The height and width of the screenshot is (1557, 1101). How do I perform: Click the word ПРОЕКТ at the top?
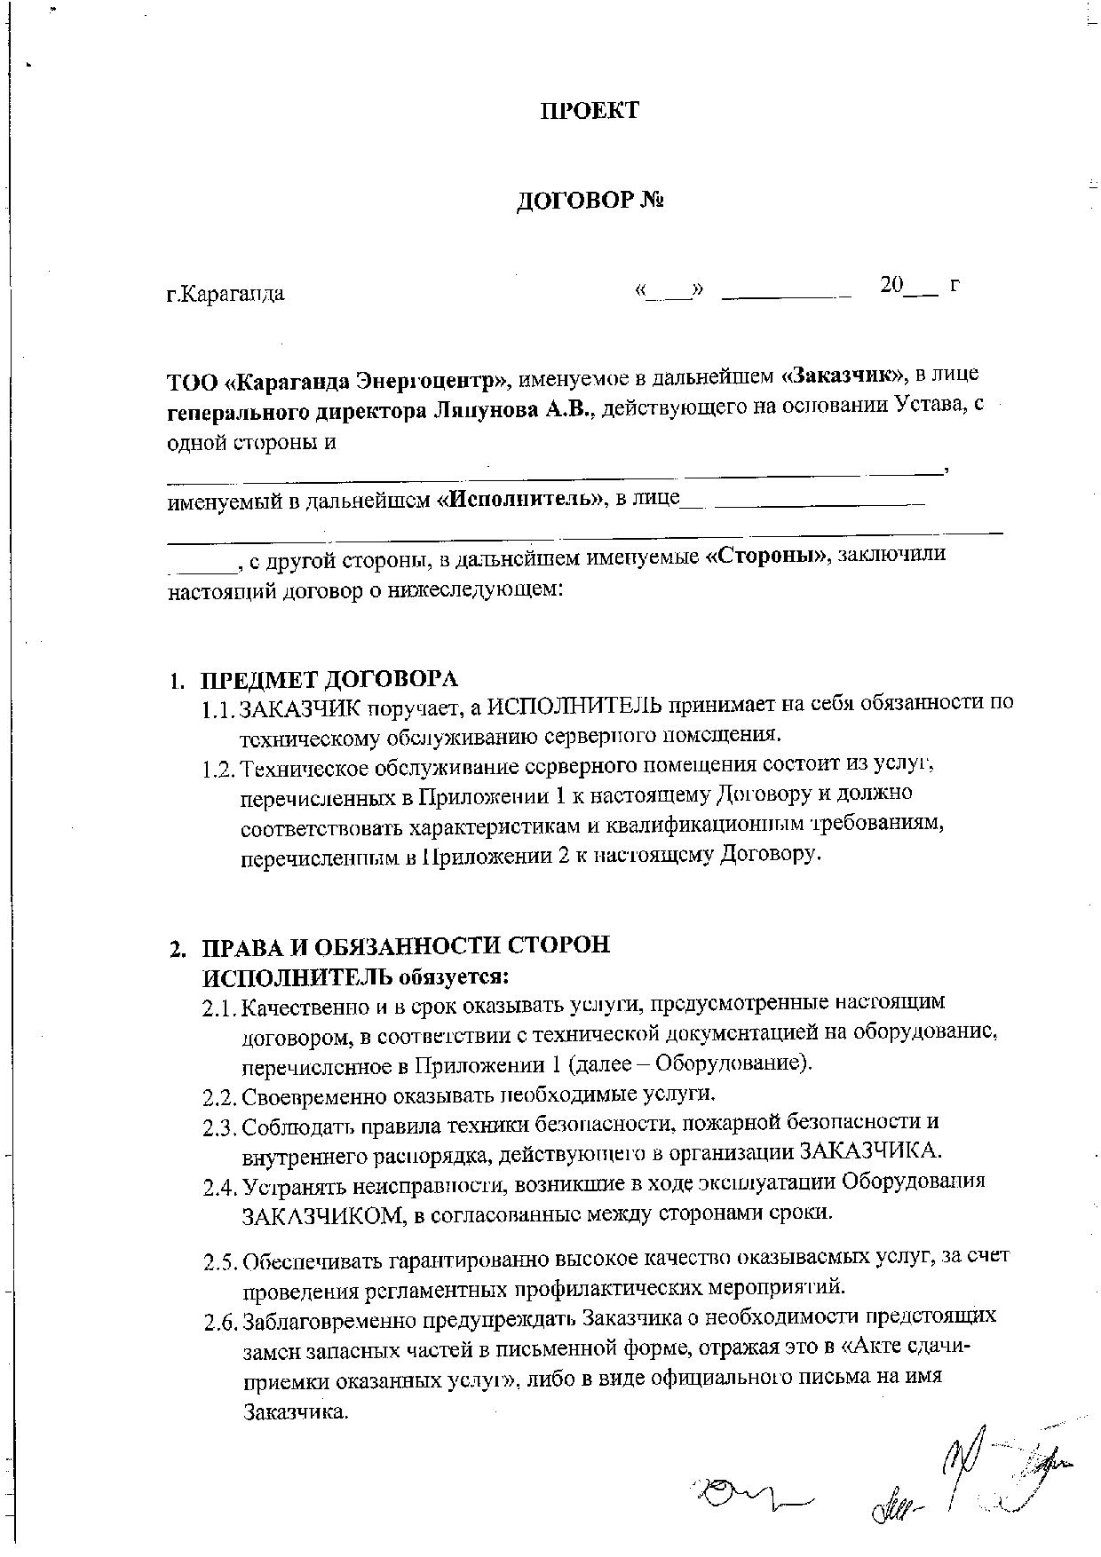click(x=590, y=111)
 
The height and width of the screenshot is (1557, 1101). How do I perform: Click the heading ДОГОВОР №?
click(x=590, y=201)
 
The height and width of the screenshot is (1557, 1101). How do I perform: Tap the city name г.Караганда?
click(x=226, y=294)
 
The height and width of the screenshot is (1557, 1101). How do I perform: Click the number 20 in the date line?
click(x=891, y=285)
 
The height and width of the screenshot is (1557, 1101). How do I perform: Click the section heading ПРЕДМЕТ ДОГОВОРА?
click(x=329, y=680)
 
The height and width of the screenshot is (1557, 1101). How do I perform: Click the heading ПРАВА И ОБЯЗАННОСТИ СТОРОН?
click(x=407, y=945)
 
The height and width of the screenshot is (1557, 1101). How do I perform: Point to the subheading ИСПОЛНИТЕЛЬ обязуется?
click(x=356, y=976)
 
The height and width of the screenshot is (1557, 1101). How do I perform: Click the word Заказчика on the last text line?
click(x=294, y=1412)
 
